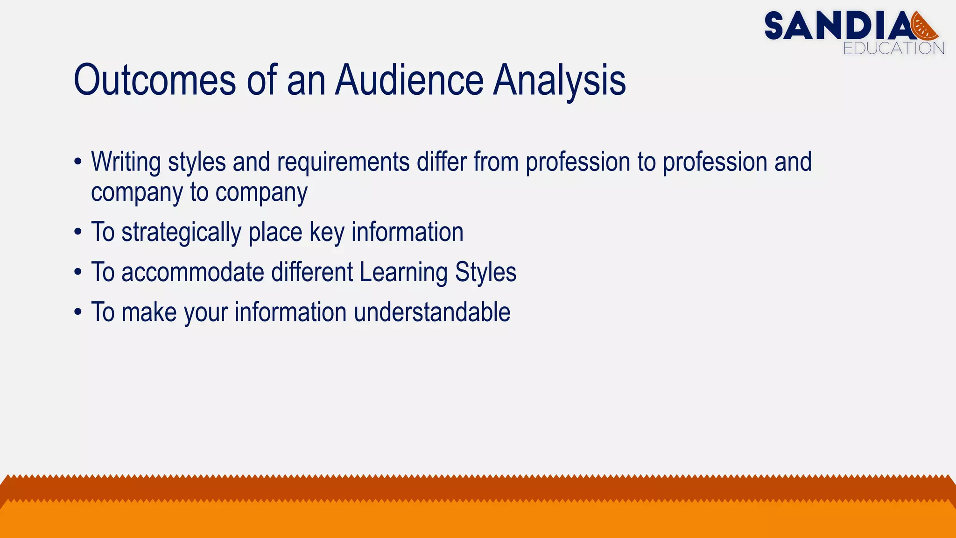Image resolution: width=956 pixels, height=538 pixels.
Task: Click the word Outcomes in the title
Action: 155,80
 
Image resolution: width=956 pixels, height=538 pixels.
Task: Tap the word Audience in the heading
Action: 409,80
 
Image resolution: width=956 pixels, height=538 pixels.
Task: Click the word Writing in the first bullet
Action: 126,162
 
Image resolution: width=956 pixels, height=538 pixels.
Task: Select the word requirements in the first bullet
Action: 343,162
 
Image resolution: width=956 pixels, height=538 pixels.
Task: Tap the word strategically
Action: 181,232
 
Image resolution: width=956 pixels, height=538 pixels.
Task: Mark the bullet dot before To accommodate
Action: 78,273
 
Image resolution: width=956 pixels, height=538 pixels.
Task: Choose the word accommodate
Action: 192,272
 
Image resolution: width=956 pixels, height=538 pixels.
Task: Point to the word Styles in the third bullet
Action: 485,272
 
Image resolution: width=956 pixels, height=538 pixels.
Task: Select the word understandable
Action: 432,312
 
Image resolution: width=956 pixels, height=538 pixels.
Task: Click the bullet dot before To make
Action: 78,313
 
